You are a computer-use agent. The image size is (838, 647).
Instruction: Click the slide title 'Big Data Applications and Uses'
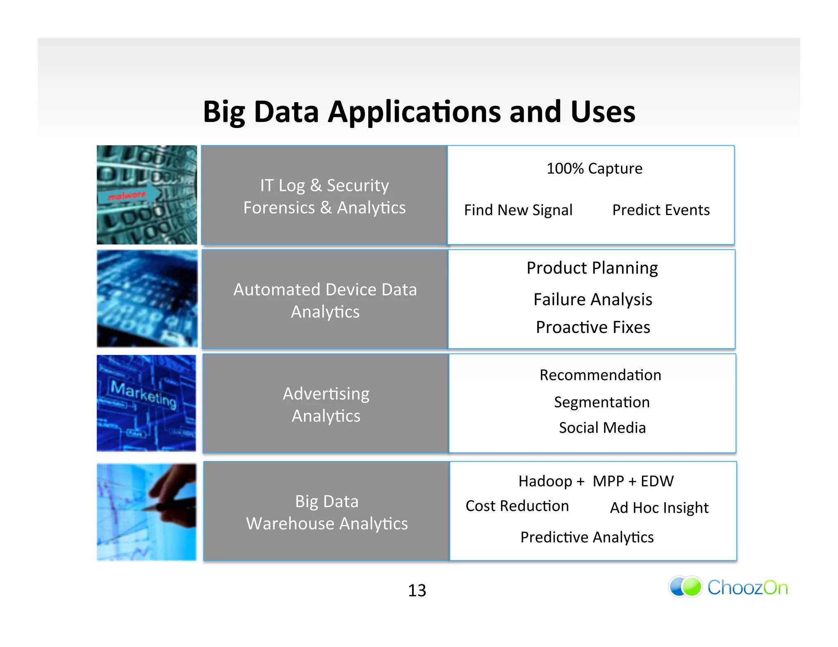pyautogui.click(x=419, y=112)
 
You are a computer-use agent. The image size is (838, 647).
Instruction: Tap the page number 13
pyautogui.click(x=417, y=590)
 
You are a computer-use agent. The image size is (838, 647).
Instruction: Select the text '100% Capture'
pyautogui.click(x=594, y=168)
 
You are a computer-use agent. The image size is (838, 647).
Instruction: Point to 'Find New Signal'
pyautogui.click(x=518, y=210)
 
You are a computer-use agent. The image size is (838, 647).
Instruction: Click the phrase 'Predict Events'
pyautogui.click(x=661, y=210)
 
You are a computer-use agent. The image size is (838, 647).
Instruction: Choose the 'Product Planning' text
pyautogui.click(x=592, y=268)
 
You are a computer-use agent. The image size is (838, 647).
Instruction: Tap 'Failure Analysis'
pyautogui.click(x=592, y=299)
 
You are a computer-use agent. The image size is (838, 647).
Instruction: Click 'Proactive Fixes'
pyautogui.click(x=593, y=327)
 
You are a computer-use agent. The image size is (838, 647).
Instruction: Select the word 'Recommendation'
pyautogui.click(x=600, y=375)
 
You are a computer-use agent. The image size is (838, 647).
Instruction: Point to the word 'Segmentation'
pyautogui.click(x=601, y=402)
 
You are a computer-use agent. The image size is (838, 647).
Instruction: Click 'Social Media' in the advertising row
pyautogui.click(x=602, y=428)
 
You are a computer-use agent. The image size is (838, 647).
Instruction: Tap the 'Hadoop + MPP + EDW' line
pyautogui.click(x=596, y=481)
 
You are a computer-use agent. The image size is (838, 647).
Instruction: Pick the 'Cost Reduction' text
pyautogui.click(x=517, y=506)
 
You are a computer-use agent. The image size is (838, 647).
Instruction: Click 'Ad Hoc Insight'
pyautogui.click(x=659, y=508)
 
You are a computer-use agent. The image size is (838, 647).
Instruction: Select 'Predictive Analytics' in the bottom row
pyautogui.click(x=587, y=537)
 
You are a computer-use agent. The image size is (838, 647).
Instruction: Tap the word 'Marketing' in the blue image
pyautogui.click(x=144, y=393)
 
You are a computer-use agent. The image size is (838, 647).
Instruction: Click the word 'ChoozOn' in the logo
pyautogui.click(x=748, y=588)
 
